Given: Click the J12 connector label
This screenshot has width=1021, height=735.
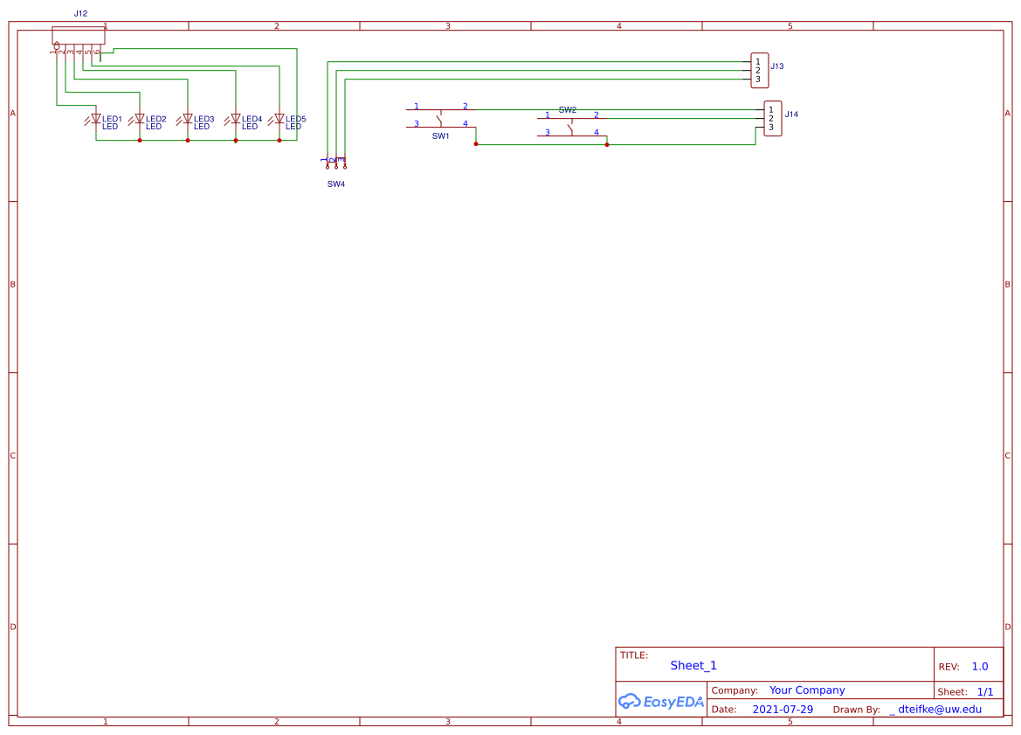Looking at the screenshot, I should point(80,14).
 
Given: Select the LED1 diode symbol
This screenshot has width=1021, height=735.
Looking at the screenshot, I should point(96,119).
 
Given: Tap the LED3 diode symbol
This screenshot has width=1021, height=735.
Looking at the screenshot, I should point(187,119).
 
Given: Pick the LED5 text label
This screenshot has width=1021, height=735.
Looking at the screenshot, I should point(296,119).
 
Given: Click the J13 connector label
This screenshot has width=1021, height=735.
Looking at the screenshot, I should point(776,66).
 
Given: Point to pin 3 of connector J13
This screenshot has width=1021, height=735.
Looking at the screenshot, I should point(757,80).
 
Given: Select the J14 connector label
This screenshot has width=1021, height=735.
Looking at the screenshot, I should point(790,114).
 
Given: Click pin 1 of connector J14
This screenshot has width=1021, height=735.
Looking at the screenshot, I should point(770,109).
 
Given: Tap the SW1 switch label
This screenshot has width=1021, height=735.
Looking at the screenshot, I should point(440,136).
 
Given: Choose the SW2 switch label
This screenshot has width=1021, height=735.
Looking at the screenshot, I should point(567,110).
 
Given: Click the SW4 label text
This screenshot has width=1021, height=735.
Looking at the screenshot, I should point(336,184).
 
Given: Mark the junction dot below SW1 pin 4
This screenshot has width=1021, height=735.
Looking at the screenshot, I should point(476,144).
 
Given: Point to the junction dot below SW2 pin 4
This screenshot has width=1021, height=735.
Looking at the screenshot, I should point(607,144).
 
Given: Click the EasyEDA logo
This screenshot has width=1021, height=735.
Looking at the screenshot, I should point(660,701).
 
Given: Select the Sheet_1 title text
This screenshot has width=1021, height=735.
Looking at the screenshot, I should point(693,666).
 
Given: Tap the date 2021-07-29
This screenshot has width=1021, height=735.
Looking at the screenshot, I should point(782,710).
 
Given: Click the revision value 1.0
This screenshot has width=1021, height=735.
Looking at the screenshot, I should point(980,667).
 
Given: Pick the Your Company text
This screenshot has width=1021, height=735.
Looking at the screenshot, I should point(807,690).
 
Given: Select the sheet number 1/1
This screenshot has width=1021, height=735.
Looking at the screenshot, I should point(985,691).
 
